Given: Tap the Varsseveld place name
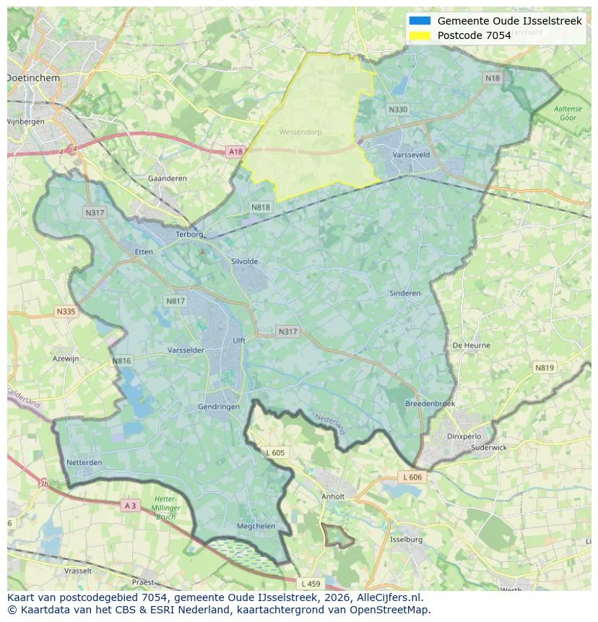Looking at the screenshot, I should pos(412,155).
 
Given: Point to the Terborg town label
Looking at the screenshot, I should pos(191,234).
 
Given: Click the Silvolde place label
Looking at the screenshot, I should pos(244,262).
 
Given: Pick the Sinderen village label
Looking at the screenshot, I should pos(404,293).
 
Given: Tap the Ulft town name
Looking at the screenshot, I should pos(239,340).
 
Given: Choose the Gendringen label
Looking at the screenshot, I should pos(219,407).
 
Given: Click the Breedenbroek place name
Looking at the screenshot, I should pos(430,404).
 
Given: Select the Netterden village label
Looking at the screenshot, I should pos(84,462).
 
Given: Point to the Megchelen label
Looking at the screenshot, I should pos(256,526).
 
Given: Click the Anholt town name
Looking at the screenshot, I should pos(333,496).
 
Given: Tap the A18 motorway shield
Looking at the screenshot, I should pos(235,152).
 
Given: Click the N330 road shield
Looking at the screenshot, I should pos(397,110).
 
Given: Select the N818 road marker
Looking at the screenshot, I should pos(261,207).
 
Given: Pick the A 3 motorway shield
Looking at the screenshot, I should pos(130,506).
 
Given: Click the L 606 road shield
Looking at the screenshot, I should pos(412,478).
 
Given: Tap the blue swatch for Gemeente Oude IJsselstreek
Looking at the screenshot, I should pos(420,21).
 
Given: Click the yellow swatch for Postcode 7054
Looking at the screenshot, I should pos(420,35).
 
